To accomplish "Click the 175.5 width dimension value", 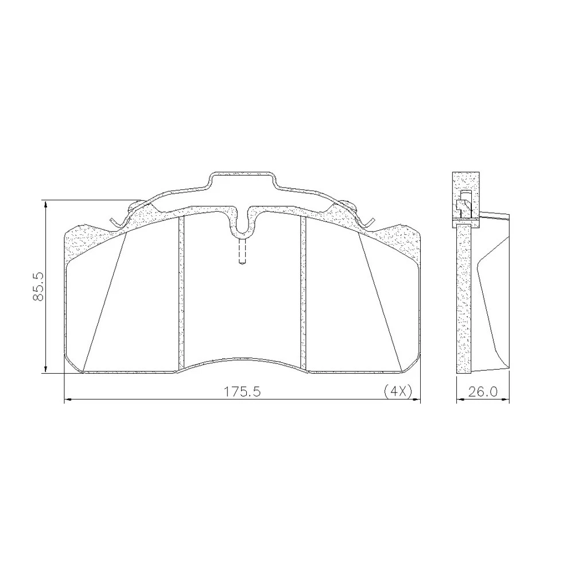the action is pos(242,391).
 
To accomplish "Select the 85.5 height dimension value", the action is pos(38,286).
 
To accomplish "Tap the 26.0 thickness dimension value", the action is pos(483,391).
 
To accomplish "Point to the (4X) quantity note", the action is pos(398,391).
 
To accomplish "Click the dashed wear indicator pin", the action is pos(241,251).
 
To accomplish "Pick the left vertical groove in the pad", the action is pos(180,292).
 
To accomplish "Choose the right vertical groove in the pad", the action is pos(302,292).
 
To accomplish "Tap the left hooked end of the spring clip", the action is pos(114,223).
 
